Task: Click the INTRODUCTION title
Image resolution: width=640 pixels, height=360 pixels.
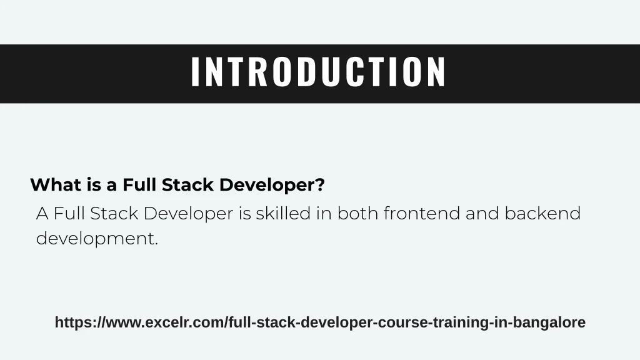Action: pos(318,72)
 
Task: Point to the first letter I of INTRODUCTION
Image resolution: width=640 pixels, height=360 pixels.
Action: pos(195,72)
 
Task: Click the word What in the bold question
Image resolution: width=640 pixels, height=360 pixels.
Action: pos(56,185)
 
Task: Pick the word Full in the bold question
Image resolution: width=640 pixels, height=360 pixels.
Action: pos(139,185)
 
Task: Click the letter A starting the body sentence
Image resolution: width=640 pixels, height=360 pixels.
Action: pos(42,214)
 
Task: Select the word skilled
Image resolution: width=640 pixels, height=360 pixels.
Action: pos(283,214)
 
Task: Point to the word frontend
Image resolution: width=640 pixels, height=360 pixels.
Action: pos(422,214)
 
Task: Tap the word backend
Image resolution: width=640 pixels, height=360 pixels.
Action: pos(542,214)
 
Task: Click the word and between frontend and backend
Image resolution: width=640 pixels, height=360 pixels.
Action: pos(482,214)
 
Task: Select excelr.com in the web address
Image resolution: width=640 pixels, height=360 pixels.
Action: pos(185,323)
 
